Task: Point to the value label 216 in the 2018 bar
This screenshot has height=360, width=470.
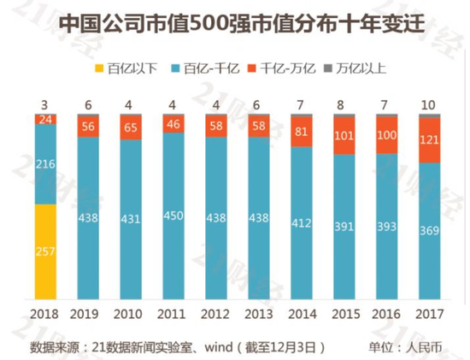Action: point(46,166)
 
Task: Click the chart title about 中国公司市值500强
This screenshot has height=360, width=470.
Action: point(234,24)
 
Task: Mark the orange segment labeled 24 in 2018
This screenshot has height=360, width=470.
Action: point(46,120)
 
